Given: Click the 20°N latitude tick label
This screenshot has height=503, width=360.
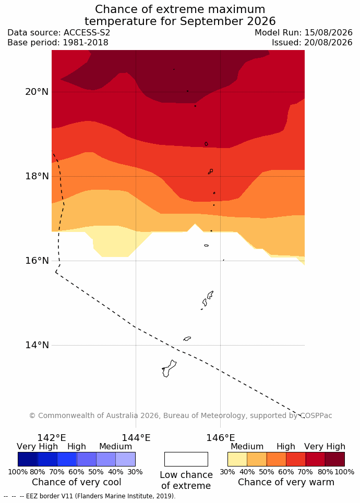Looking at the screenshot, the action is click(x=37, y=92).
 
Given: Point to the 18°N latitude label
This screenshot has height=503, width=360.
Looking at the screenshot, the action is click(x=37, y=176).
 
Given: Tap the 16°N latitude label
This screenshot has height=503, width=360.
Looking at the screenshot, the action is click(x=37, y=261).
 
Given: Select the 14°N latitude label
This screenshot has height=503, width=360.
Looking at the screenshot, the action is click(x=37, y=345).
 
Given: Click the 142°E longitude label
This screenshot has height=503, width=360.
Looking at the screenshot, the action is click(x=52, y=437).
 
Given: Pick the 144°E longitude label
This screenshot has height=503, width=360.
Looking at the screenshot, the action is click(x=136, y=437).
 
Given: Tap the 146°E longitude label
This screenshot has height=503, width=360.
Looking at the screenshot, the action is click(x=220, y=437).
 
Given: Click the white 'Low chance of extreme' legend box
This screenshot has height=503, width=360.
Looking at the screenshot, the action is click(x=186, y=459).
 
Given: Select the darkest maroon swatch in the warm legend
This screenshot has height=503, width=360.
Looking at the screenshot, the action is click(x=335, y=459).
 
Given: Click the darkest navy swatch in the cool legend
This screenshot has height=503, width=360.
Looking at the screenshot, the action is click(x=28, y=459).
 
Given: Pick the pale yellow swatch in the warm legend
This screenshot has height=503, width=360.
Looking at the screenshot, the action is click(x=237, y=459).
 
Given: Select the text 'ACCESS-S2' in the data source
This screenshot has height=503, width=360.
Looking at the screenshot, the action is click(x=87, y=33).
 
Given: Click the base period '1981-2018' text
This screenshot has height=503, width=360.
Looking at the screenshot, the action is click(x=86, y=42).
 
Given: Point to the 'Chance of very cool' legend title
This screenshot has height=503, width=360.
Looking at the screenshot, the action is click(x=76, y=482).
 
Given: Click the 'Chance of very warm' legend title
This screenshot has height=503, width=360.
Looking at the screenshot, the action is click(x=286, y=482).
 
